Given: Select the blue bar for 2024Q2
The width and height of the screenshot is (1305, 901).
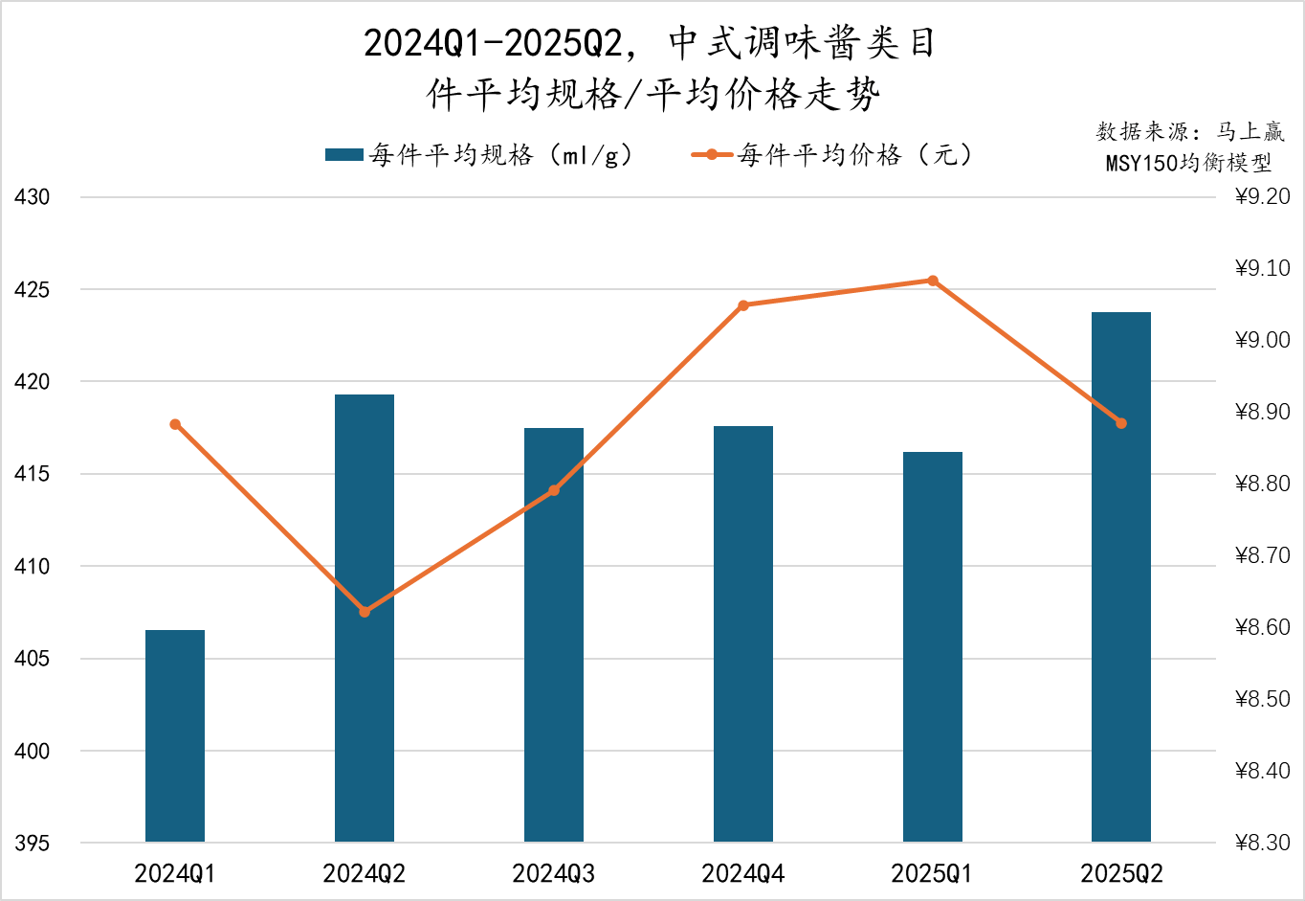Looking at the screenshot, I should pos(365,618).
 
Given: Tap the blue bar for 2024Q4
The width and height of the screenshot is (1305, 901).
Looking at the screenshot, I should pos(743,634).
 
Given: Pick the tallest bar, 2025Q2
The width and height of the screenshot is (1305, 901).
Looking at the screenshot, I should pos(1121,576).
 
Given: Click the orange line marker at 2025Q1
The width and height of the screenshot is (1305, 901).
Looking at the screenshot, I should pos(933,281).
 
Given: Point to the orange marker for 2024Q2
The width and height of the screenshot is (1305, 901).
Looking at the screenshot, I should pos(365,612).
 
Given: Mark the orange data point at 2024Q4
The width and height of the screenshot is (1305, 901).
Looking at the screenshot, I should pos(743,305).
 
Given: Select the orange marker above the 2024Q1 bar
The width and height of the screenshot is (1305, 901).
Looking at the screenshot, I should pos(175,424).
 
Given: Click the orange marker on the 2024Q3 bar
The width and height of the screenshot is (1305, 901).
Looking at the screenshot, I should pos(554,490).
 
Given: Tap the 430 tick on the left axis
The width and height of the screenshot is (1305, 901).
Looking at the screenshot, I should pos(32,197).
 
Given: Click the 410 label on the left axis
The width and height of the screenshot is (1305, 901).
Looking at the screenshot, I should pos(32,567).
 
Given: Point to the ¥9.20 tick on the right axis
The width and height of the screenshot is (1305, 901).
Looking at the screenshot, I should pos(1263,197).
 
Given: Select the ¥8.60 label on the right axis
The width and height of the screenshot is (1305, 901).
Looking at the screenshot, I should pos(1263,628).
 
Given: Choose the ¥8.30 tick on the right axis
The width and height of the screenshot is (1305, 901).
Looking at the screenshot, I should pos(1263,844).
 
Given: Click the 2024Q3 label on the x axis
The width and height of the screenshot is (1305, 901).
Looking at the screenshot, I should pos(554,873).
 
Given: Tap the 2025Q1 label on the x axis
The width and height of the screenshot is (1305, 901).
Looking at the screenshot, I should pos(933,873).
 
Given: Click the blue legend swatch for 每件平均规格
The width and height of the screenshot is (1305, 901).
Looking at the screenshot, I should pos(343,155).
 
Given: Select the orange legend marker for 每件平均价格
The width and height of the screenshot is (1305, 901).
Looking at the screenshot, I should pos(712,155).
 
